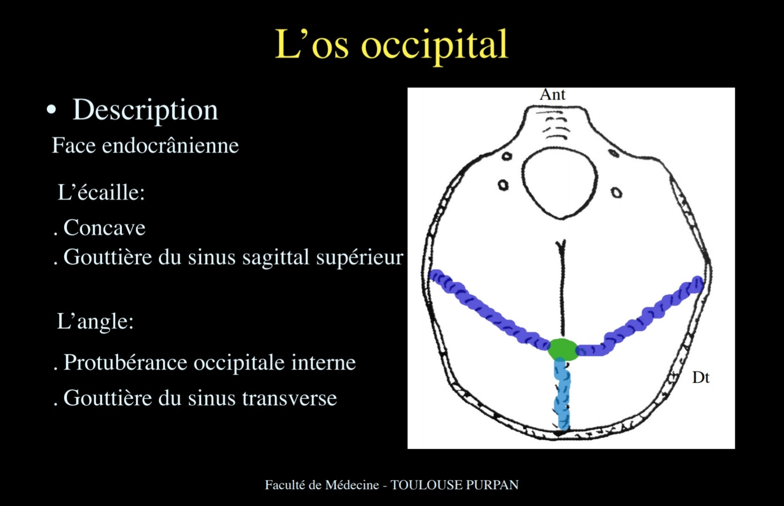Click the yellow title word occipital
click(434, 45)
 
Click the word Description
click(145, 110)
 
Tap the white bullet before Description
click(51, 110)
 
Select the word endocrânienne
click(170, 145)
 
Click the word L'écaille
click(101, 192)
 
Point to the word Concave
click(104, 228)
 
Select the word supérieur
click(360, 258)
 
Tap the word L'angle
click(95, 321)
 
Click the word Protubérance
click(125, 362)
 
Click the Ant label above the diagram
click(552, 95)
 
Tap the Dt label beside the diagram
click(701, 378)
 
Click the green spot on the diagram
click(562, 350)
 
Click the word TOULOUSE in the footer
click(426, 485)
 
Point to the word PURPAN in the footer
click(492, 485)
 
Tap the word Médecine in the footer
click(352, 485)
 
